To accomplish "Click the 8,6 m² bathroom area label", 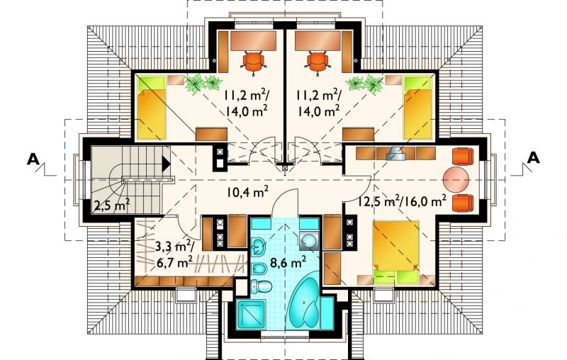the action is [x=288, y=261].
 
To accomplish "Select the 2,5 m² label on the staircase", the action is [x=112, y=205].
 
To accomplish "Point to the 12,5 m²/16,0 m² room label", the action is [x=401, y=201].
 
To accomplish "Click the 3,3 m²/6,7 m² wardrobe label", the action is [x=174, y=255].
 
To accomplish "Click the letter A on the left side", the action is [x=33, y=159].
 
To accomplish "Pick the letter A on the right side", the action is [x=534, y=158].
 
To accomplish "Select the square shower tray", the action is [x=252, y=313].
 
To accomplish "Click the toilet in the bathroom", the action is [x=261, y=286].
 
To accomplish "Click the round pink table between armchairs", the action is [x=456, y=179].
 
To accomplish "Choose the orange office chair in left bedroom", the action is [x=254, y=62].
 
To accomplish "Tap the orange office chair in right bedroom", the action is [x=318, y=62].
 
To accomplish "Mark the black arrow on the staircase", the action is [x=166, y=164].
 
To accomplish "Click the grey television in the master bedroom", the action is [x=396, y=154].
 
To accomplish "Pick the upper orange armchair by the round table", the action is [x=463, y=156].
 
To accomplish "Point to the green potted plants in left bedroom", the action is [x=203, y=84].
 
